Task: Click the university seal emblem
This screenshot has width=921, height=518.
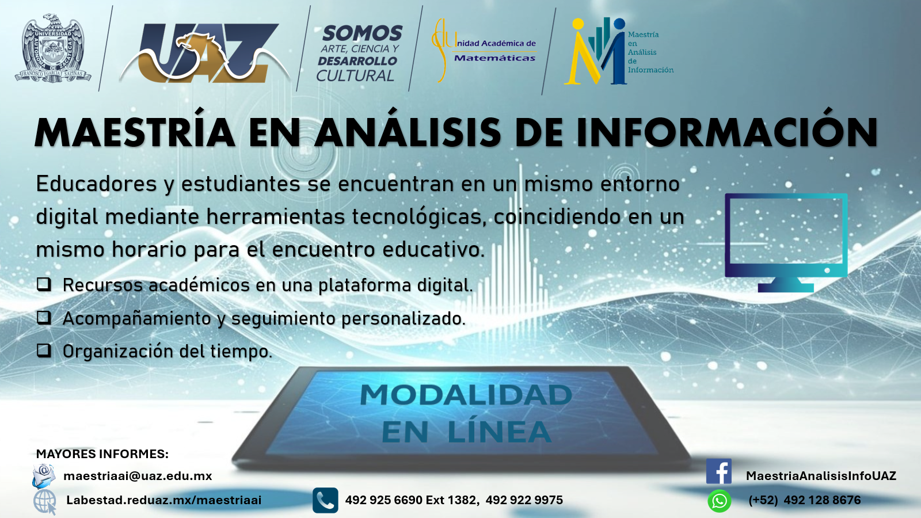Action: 53,48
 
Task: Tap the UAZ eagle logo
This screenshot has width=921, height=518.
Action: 205,52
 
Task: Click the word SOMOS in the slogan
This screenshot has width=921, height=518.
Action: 362,33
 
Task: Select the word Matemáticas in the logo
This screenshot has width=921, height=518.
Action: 494,58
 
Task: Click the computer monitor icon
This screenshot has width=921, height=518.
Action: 786,242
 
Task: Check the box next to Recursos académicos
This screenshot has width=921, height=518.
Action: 44,284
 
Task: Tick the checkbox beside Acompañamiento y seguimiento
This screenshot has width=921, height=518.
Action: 44,317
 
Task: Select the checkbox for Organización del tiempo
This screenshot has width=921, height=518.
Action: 44,350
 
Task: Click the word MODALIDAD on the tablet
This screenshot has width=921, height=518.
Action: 466,395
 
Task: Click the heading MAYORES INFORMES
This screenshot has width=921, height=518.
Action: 102,454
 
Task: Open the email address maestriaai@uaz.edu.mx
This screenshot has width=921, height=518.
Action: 138,476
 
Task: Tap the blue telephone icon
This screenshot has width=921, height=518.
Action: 325,500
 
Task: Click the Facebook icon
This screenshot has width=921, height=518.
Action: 719,471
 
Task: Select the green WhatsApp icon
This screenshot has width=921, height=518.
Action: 719,501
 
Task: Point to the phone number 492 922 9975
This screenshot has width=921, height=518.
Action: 524,500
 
